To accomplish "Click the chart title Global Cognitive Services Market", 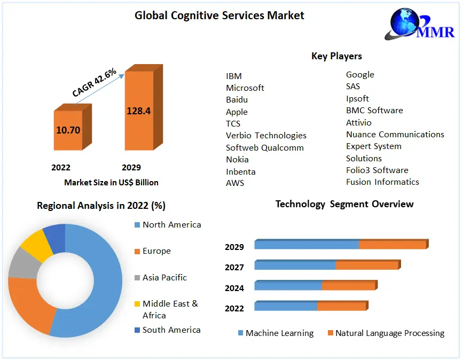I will coord(219,15).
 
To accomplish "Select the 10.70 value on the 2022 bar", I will coord(68,130).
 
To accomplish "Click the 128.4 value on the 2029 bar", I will coord(138,111).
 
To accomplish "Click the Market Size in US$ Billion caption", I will coord(111,182).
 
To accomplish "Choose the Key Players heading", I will coord(336,56).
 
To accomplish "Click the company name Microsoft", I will coord(245,88).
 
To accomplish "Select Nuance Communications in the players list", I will coord(395,134).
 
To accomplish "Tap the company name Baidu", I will coord(237,99).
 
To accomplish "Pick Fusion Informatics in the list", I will coord(382,182).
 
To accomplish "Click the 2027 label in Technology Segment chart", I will coord(234,267).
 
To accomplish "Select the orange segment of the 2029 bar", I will coord(392,245).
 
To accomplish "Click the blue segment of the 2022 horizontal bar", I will coord(286,307).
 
